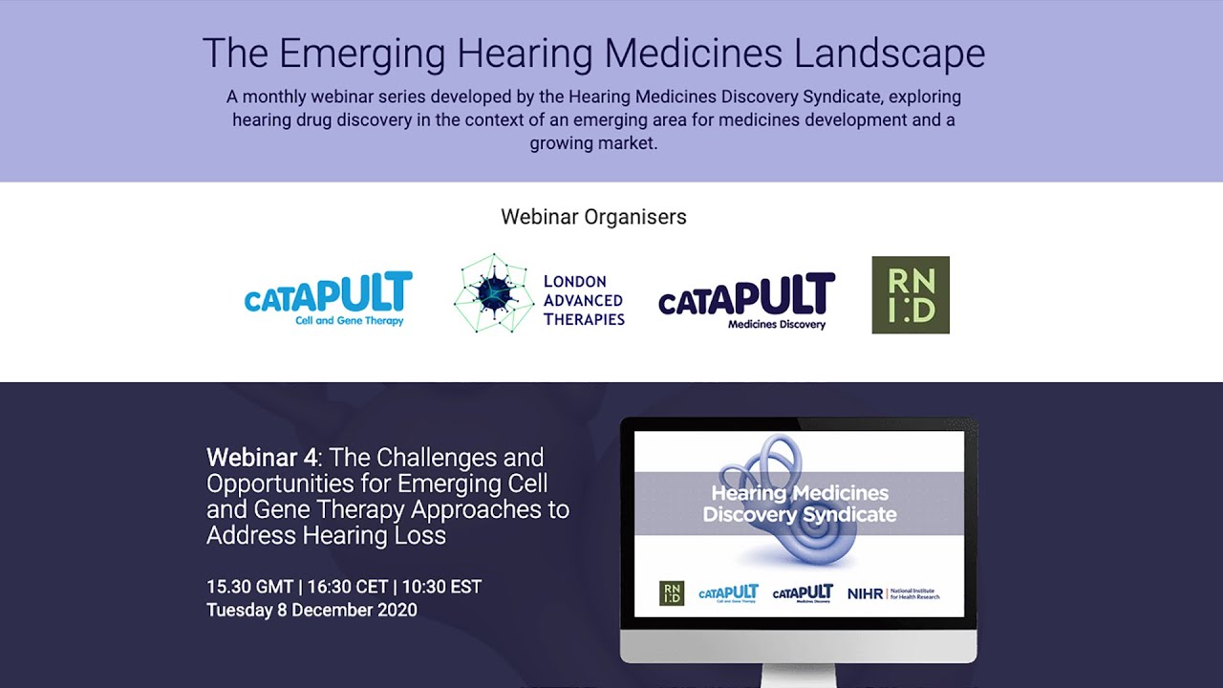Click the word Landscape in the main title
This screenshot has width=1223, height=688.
pyautogui.click(x=889, y=54)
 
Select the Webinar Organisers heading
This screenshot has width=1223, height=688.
pyautogui.click(x=593, y=217)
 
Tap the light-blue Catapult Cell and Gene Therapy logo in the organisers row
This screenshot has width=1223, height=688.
pyautogui.click(x=329, y=298)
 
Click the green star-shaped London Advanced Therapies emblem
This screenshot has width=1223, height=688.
pyautogui.click(x=493, y=294)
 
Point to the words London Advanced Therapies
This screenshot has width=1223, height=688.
pyautogui.click(x=583, y=300)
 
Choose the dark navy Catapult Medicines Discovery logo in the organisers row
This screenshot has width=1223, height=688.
pyautogui.click(x=746, y=300)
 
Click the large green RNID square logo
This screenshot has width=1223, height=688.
pyautogui.click(x=911, y=295)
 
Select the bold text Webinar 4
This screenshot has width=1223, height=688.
pyautogui.click(x=262, y=458)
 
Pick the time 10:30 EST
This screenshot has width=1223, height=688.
pyautogui.click(x=441, y=587)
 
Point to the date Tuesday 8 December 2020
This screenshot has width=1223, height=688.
pyautogui.click(x=311, y=610)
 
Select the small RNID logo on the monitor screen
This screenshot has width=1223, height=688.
pyautogui.click(x=672, y=593)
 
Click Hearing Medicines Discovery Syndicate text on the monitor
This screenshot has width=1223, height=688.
pyautogui.click(x=800, y=504)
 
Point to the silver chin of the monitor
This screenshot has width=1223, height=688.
pyautogui.click(x=798, y=646)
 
